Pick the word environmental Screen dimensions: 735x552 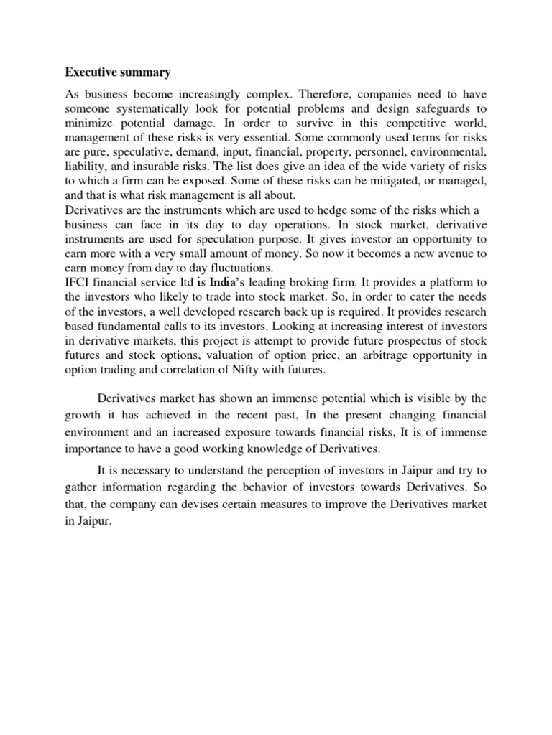pyautogui.click(x=447, y=154)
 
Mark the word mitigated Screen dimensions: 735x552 pyautogui.click(x=364, y=184)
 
